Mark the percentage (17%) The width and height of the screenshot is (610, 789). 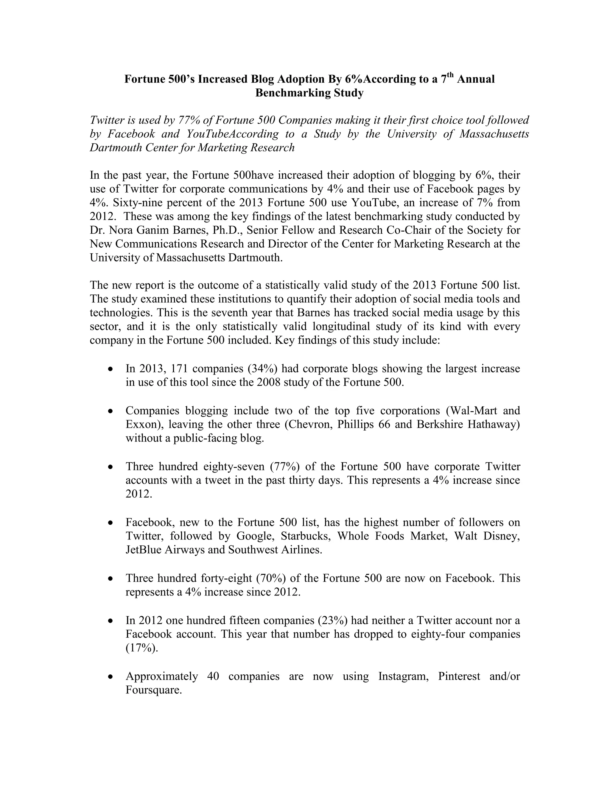(142, 648)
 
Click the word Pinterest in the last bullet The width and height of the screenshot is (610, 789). (459, 676)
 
